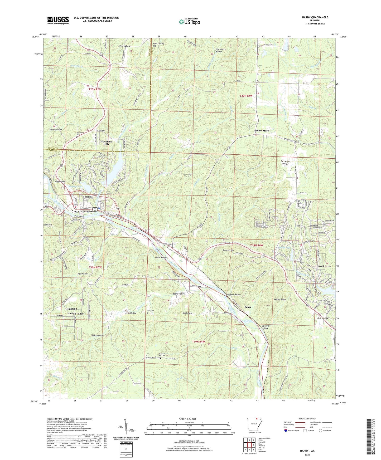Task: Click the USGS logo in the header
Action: point(58,20)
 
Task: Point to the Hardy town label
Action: point(88,197)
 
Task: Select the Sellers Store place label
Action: point(261,131)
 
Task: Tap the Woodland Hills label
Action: point(106,143)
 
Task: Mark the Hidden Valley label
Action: point(75,314)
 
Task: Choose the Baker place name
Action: point(248,307)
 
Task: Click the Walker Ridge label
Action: point(280,300)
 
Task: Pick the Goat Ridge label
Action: point(187,313)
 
